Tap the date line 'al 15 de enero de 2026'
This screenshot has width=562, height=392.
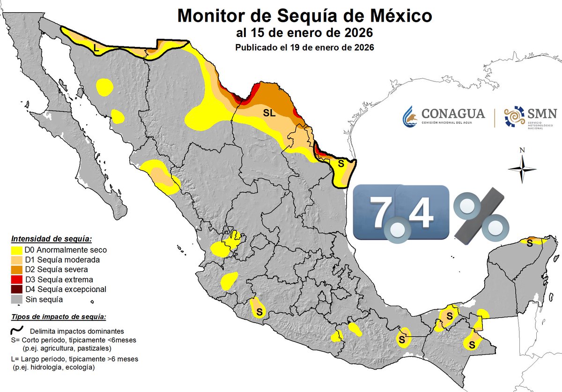(304, 34)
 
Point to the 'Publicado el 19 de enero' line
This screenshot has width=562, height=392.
(304, 48)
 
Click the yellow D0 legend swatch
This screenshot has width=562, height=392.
(16, 250)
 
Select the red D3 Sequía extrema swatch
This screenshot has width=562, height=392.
(16, 279)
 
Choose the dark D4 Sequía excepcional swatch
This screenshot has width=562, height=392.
(16, 289)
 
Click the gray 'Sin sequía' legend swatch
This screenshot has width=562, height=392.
(16, 299)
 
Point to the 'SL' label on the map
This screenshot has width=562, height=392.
(269, 113)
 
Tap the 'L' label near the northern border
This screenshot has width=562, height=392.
(96, 47)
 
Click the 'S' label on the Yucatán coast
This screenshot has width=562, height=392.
(529, 242)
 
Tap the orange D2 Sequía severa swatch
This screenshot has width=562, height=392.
(16, 270)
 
